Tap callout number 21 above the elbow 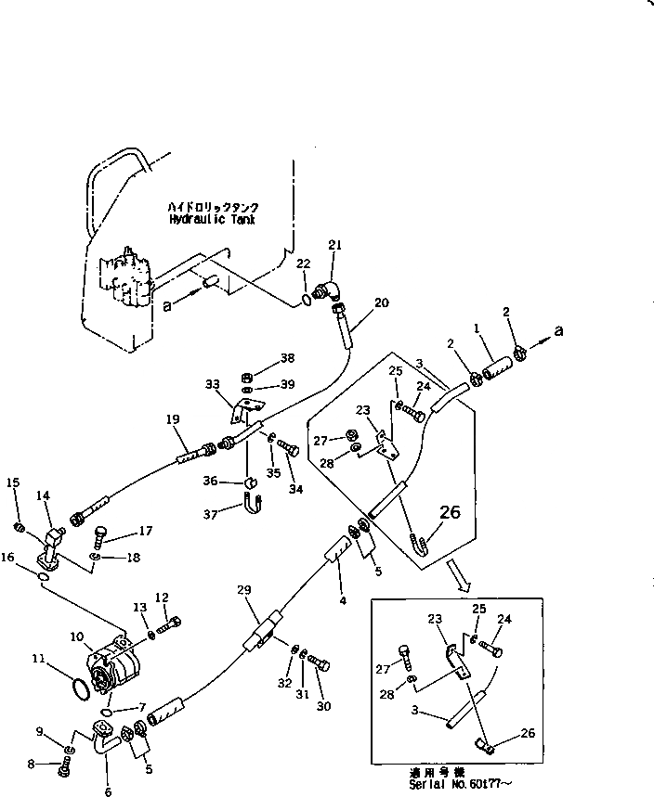[x=335, y=245]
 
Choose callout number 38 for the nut [x=261, y=358]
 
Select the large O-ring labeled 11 [x=81, y=688]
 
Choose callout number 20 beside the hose [x=381, y=302]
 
